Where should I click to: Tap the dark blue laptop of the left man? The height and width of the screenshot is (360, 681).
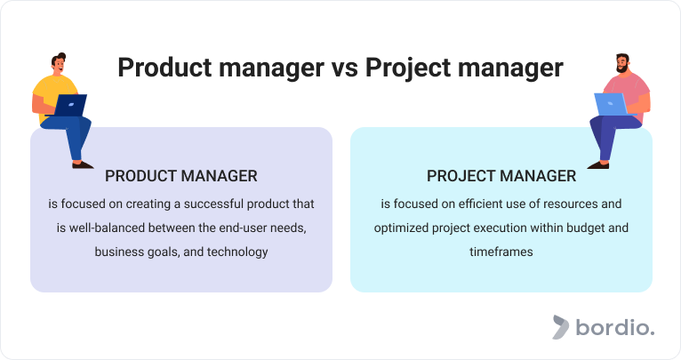point(70,105)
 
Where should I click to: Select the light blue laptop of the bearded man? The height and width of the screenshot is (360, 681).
point(610,104)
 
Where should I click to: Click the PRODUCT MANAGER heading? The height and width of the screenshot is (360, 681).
point(181,176)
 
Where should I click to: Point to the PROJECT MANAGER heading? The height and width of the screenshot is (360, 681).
point(501,176)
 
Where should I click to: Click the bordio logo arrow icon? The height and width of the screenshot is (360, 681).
point(560,327)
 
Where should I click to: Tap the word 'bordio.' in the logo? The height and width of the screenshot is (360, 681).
point(615,327)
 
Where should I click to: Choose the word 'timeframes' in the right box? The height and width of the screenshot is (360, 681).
point(501,252)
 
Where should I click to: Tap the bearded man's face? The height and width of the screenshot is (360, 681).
point(623,64)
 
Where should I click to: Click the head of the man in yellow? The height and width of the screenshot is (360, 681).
point(59,63)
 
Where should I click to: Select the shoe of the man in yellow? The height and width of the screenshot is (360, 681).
point(83,165)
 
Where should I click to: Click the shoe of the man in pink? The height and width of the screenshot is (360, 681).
point(598,165)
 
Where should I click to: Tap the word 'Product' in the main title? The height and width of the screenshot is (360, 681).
point(165,68)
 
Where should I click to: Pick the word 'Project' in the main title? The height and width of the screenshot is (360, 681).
point(408,68)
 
